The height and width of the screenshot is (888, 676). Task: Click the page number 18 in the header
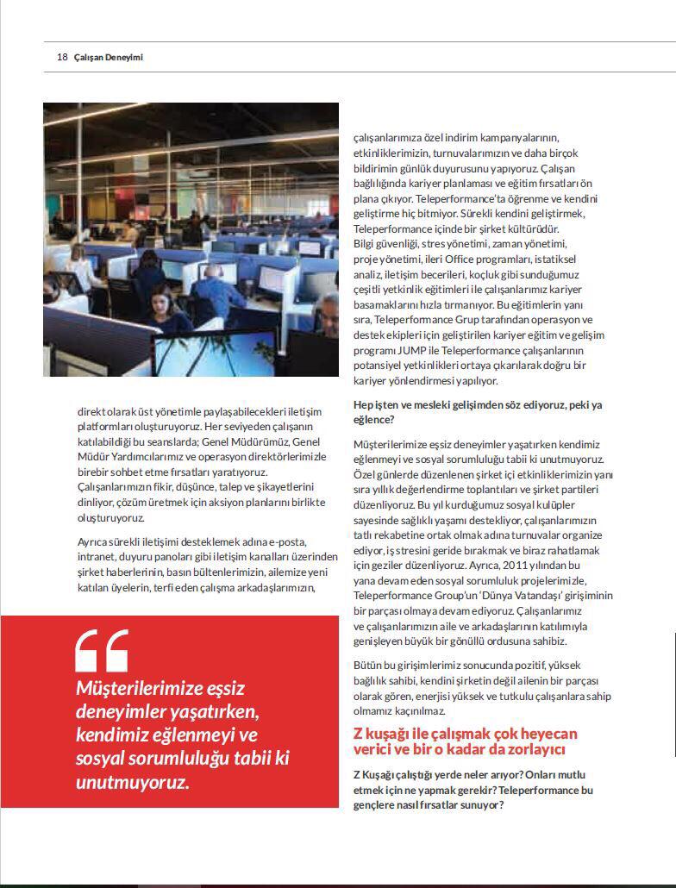tap(62, 57)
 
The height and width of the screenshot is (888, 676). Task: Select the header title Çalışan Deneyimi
tap(109, 57)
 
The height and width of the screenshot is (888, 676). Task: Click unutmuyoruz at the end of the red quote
tap(131, 783)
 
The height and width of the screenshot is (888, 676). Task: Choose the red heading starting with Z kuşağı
tap(466, 741)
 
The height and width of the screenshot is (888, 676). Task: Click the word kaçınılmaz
tap(416, 710)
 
